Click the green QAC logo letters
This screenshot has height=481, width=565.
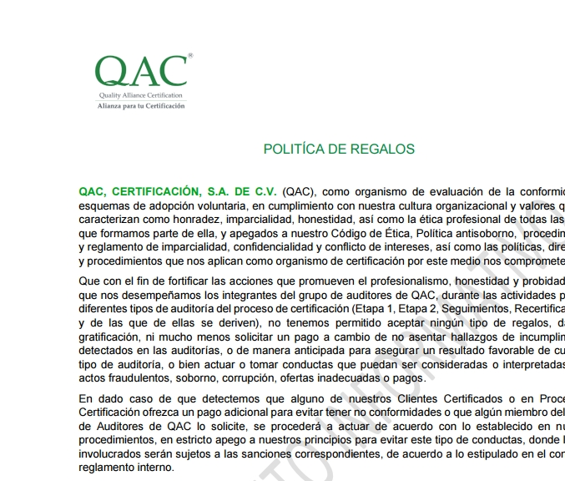click(x=140, y=73)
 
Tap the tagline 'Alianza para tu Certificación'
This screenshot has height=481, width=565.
click(x=142, y=106)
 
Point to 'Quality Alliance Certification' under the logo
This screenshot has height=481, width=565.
click(x=142, y=97)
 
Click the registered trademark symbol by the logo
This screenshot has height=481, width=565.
click(x=190, y=55)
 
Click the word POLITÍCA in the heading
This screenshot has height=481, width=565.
click(x=292, y=149)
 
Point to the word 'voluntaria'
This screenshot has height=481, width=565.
click(x=215, y=205)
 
